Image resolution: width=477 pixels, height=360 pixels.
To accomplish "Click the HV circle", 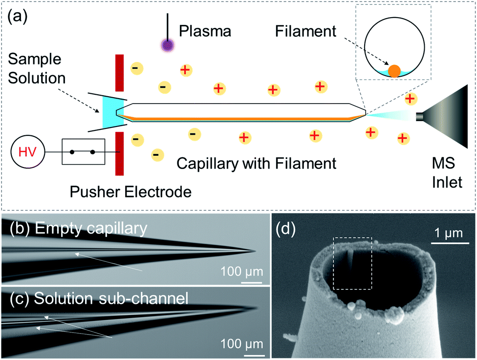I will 28,153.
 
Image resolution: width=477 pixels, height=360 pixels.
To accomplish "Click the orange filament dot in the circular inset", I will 394,70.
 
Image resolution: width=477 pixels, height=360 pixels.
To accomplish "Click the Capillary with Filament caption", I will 257,163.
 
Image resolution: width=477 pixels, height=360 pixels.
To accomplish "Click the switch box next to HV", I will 84,152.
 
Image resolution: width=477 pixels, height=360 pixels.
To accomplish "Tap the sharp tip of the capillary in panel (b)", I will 255,252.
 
